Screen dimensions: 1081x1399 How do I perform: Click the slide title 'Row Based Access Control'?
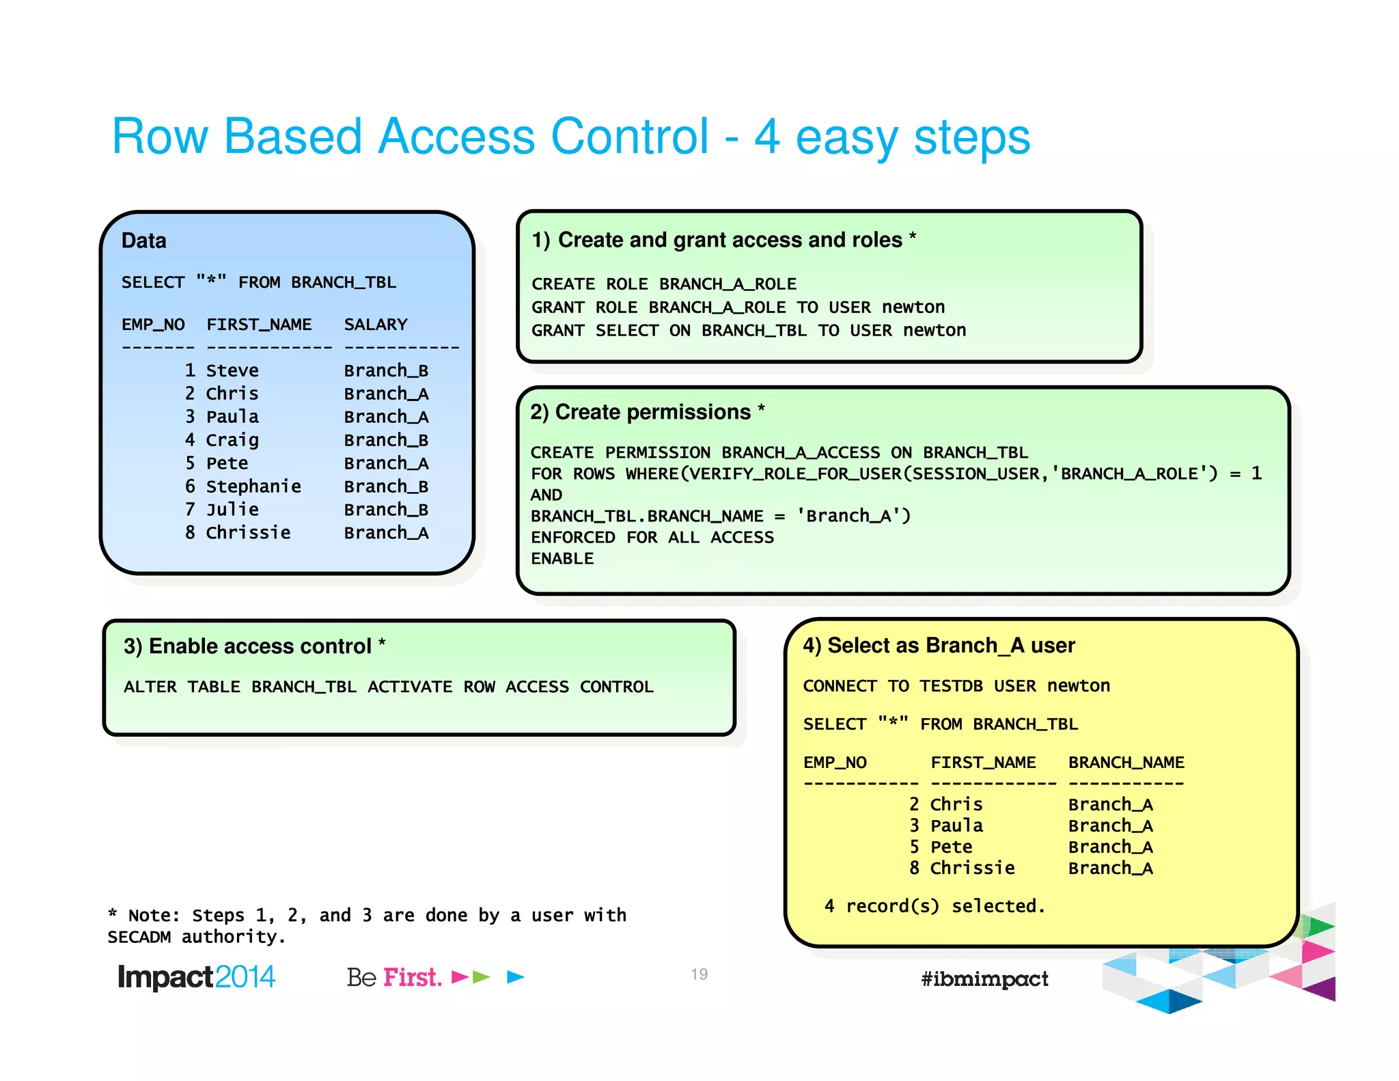[x=410, y=137]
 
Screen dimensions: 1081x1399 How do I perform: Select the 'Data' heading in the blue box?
[x=143, y=241]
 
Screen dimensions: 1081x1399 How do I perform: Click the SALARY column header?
[x=375, y=325]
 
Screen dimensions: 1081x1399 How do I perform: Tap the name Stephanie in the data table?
[x=253, y=487]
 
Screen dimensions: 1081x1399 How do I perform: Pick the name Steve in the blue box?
[x=232, y=370]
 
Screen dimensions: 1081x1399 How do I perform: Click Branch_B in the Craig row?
[x=386, y=440]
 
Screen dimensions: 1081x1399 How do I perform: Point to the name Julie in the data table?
[x=232, y=510]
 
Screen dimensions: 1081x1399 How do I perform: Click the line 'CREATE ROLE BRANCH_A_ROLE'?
[x=663, y=284]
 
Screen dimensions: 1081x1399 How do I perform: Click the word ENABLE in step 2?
[x=562, y=559]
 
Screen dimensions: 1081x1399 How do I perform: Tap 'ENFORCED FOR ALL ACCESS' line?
[x=652, y=538]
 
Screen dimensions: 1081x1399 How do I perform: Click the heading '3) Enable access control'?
[x=247, y=646]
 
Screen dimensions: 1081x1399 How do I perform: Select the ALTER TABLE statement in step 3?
[x=388, y=687]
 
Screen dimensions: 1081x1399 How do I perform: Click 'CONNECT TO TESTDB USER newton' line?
[x=956, y=686]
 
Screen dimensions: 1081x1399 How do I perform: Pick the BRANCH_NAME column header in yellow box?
[x=1126, y=763]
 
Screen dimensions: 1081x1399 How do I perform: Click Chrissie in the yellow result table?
[x=972, y=868]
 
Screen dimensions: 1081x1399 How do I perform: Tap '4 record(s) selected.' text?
[x=934, y=906]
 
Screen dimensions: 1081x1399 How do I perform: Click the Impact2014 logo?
[x=196, y=977]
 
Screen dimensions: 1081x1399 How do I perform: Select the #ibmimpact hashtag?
[x=984, y=979]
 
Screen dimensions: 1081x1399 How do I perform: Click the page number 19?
[x=699, y=974]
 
